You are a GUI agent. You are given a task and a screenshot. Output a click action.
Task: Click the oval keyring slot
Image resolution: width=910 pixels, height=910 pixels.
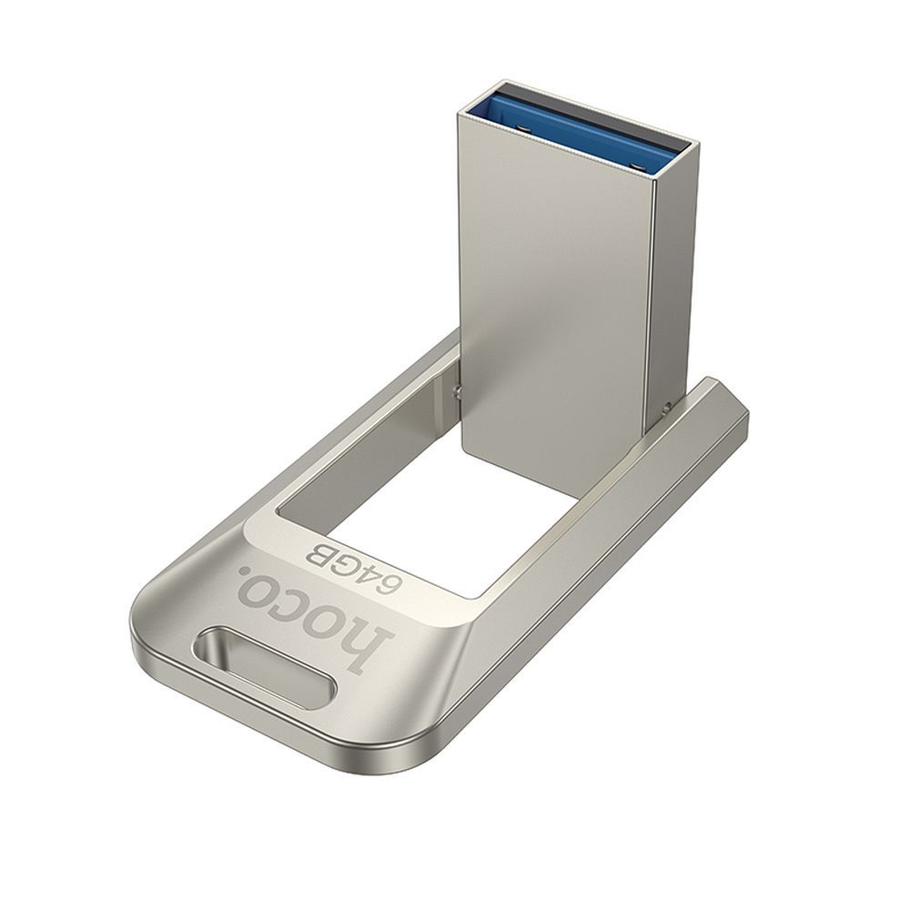click(x=264, y=666)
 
